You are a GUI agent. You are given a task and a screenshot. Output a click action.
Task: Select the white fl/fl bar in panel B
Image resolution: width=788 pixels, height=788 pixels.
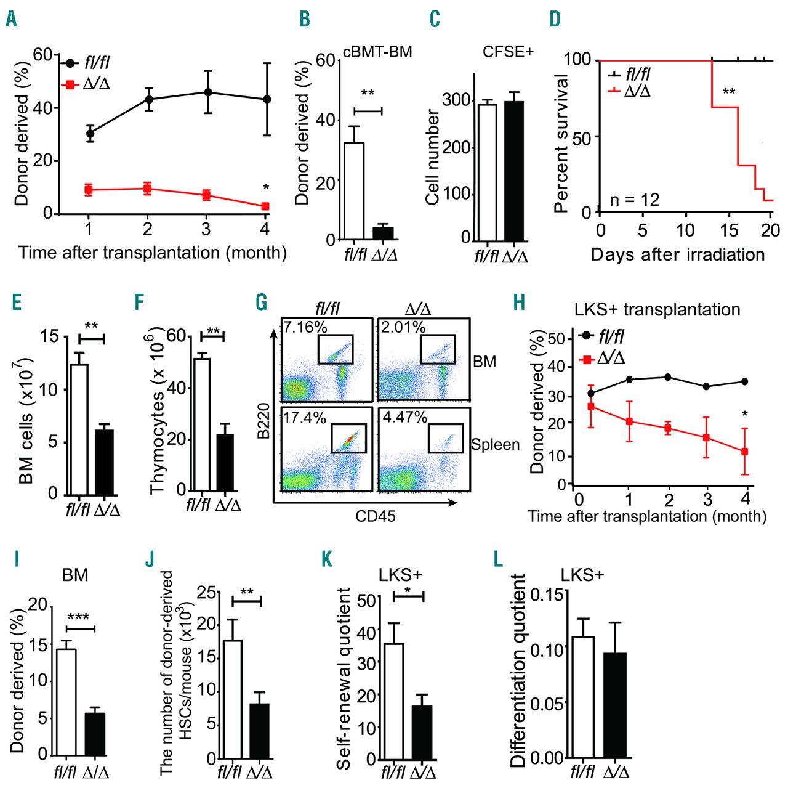[x=354, y=191]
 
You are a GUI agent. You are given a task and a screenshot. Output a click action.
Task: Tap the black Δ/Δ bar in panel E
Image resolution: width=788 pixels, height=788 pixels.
[x=104, y=462]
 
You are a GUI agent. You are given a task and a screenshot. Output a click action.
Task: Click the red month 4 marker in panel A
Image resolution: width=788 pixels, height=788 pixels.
[x=265, y=206]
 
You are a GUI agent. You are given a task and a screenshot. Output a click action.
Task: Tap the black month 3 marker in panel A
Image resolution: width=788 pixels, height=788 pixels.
[x=207, y=92]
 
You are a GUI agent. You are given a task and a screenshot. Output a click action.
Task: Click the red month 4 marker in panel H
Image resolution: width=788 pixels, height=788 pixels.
[x=745, y=452]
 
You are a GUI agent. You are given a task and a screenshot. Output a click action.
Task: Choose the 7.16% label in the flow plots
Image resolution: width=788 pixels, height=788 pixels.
[x=305, y=327]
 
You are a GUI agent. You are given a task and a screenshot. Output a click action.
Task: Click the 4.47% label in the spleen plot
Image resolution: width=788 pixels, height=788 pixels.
[x=404, y=417]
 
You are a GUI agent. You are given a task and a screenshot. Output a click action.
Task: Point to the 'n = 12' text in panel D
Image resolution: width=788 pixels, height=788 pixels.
[x=634, y=200]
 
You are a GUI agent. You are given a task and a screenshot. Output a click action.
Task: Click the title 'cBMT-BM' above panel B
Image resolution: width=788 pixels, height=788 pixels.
[x=377, y=52]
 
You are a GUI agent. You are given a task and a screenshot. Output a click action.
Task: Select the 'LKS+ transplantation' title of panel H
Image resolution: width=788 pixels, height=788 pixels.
[x=657, y=309]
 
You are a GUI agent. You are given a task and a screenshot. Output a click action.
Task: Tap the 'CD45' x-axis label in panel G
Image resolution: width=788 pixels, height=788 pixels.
[x=375, y=516]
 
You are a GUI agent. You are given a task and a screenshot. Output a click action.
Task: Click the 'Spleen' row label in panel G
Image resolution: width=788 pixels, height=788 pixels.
[x=495, y=444]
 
